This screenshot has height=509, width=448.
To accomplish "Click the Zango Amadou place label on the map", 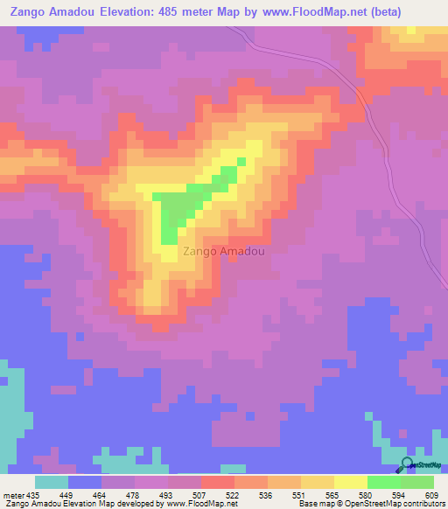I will tap(223, 250).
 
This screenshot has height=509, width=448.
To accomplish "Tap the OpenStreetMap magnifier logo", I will tap(408, 464).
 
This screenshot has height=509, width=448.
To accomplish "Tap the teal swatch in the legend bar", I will tap(52, 482).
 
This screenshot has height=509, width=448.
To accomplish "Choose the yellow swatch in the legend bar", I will tap(351, 482).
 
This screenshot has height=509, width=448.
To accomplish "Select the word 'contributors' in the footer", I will tap(423, 505).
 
